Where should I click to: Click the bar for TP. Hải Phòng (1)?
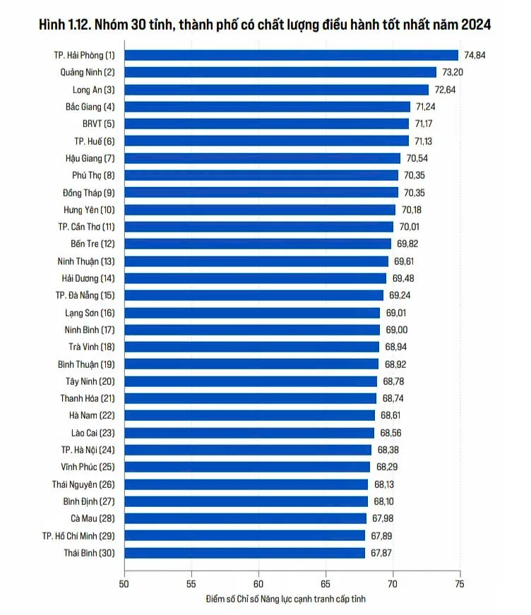tap(292, 55)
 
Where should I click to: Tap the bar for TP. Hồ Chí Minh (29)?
tap(245, 535)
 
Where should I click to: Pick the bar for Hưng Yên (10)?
tap(260, 210)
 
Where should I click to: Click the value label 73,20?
tap(454, 72)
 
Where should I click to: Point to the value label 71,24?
tap(428, 107)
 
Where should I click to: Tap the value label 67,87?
tap(381, 553)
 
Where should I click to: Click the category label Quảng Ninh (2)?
tap(88, 72)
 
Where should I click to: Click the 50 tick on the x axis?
tap(124, 584)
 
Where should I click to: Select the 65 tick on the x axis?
tap(326, 584)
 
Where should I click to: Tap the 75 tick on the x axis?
tap(460, 584)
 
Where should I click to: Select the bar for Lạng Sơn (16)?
tap(252, 313)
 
